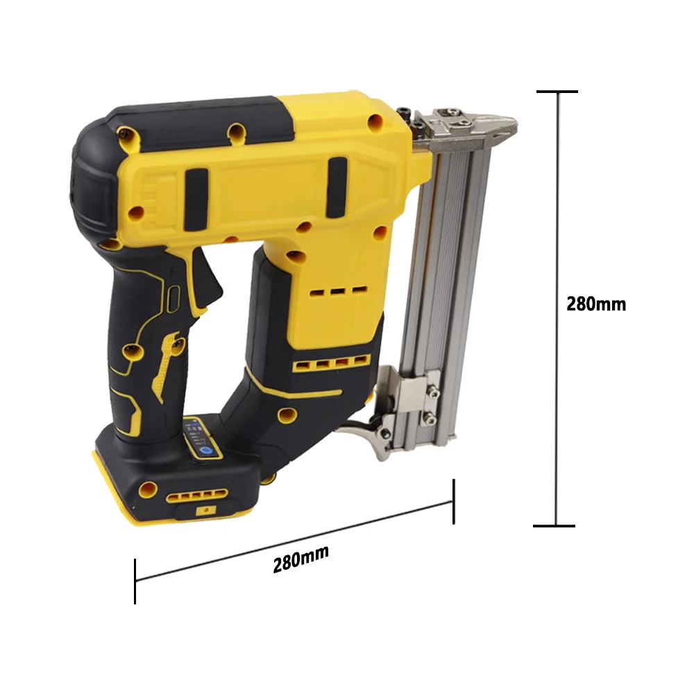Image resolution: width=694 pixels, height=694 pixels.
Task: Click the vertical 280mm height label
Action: [595, 305]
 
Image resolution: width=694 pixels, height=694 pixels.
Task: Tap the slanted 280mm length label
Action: [301, 559]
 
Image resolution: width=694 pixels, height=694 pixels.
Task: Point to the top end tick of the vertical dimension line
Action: [557, 92]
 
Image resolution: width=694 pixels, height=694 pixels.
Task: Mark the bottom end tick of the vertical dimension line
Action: [554, 526]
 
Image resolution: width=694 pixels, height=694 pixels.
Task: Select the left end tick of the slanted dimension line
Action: [135, 581]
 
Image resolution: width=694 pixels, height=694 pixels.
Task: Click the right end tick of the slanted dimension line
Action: [454, 502]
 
